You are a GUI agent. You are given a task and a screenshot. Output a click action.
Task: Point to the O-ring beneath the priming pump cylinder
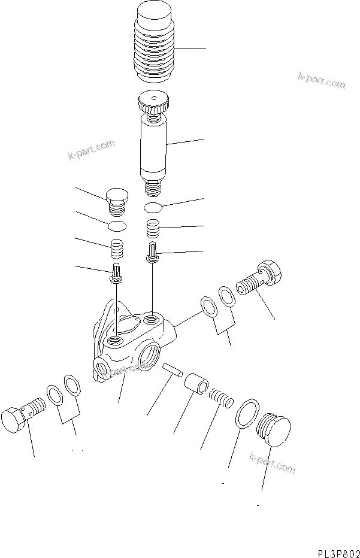(155, 207)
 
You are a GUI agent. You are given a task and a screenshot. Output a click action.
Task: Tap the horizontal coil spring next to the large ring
(220, 397)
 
